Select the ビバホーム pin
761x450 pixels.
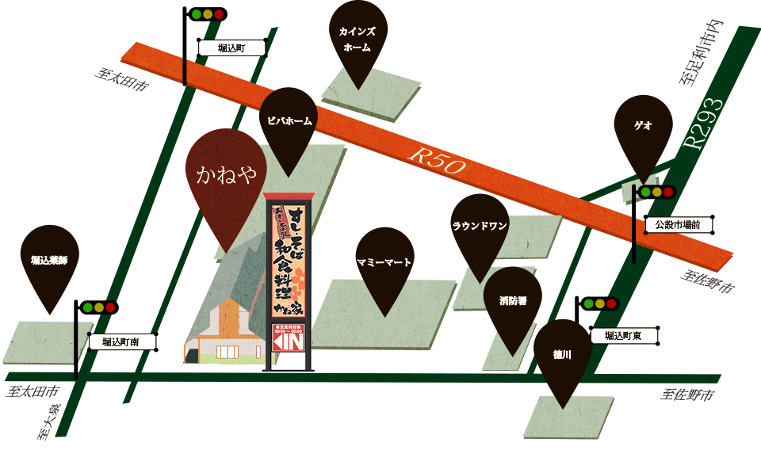pyautogui.click(x=289, y=123)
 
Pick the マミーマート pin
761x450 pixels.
pyautogui.click(x=384, y=262)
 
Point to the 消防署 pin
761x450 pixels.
pyautogui.click(x=512, y=302)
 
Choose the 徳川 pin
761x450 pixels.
pyautogui.click(x=563, y=354)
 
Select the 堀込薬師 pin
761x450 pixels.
pyautogui.click(x=49, y=260)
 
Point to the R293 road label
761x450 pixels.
pyautogui.click(x=704, y=124)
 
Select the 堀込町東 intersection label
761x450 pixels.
pyautogui.click(x=623, y=336)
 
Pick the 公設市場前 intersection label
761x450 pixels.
pyautogui.click(x=678, y=225)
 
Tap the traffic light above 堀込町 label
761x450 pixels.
pyautogui.click(x=208, y=14)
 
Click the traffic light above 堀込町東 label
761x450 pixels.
pyautogui.click(x=600, y=303)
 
